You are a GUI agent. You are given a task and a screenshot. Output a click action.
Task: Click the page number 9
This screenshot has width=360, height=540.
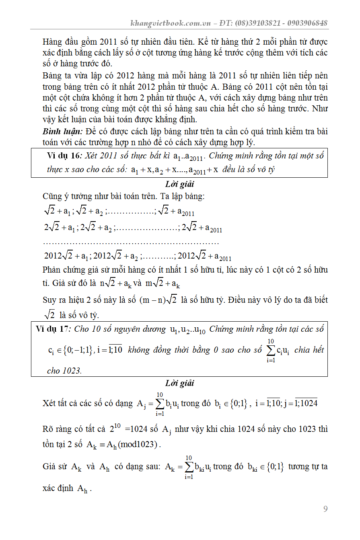tap(325, 509)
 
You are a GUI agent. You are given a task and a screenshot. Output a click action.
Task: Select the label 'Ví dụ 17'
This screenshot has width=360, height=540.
tap(52, 329)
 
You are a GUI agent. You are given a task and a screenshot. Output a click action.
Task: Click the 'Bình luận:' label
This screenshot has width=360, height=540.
tap(62, 132)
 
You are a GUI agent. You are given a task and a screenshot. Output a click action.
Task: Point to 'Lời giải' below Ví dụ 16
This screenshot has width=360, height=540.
tap(179, 185)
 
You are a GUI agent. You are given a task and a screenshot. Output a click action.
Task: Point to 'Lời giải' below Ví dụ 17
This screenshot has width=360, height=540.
tap(179, 383)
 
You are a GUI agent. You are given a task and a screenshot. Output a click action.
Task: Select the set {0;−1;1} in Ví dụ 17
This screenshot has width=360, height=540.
tap(77, 350)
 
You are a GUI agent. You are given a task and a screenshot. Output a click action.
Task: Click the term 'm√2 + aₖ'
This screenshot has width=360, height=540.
tap(163, 283)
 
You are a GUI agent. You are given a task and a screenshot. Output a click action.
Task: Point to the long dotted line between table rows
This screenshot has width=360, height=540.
tap(131, 243)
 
